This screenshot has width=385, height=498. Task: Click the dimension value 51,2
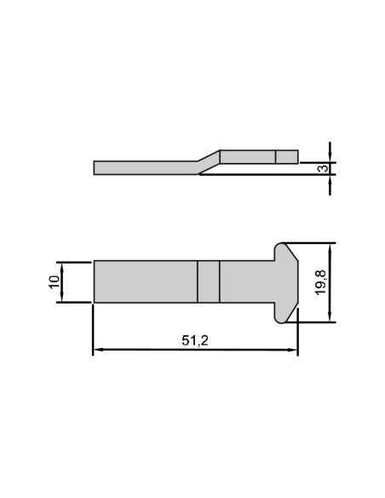coord(195,340)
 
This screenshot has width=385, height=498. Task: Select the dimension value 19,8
coord(320,281)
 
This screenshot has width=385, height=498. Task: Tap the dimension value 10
coord(53,281)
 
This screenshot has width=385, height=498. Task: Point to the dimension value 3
coord(321,168)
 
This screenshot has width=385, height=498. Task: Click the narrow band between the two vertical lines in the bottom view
coord(209,281)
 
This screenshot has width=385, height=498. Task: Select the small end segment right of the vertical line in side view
coord(287,156)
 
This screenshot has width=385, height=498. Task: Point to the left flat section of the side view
coord(141,167)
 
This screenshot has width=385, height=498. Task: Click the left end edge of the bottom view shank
coord(94,281)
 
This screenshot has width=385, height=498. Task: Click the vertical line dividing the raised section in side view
coord(276,156)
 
